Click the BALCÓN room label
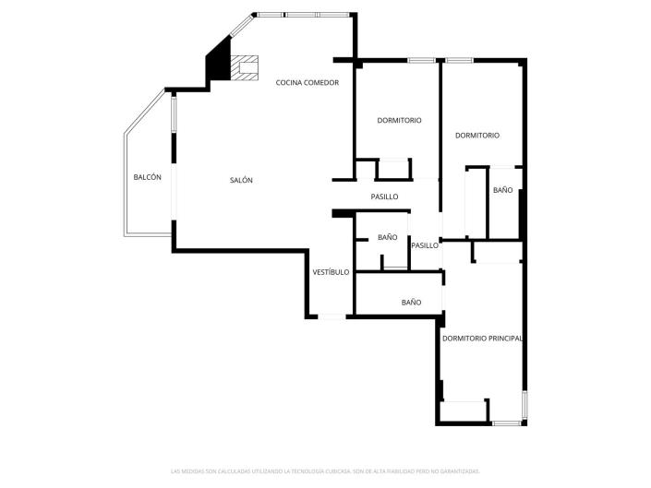tap(147, 177)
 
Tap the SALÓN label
tap(241, 180)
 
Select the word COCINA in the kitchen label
tap(291, 83)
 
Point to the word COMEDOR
tap(323, 83)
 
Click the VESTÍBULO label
tap(331, 272)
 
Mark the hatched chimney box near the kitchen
tap(245, 67)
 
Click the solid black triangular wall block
tap(219, 62)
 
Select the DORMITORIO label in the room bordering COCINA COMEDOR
tap(399, 121)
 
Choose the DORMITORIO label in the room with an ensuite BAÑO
tap(477, 136)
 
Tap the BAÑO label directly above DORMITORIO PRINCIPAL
tap(411, 303)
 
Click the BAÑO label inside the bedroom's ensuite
tap(502, 190)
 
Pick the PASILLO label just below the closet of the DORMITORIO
tap(384, 196)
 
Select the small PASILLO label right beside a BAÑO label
tap(425, 245)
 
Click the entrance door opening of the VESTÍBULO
tap(332, 317)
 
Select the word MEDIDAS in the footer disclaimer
tap(190, 471)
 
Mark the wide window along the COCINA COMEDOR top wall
tap(305, 15)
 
